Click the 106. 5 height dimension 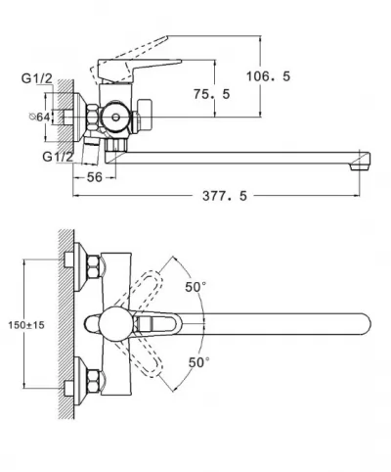(268, 76)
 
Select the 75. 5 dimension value (212, 94)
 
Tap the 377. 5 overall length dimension (225, 196)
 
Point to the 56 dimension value (95, 177)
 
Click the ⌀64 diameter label (40, 117)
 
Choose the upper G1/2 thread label (37, 78)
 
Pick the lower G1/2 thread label (58, 157)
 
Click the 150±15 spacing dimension (26, 325)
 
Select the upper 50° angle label (195, 287)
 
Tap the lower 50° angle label (198, 362)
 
